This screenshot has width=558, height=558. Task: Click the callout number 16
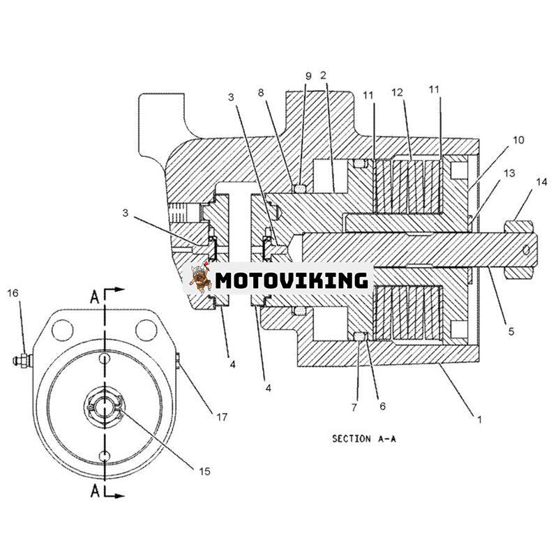(13, 293)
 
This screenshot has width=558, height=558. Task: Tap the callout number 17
(222, 416)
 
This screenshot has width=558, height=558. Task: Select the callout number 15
(204, 472)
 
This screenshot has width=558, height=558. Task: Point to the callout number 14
(542, 182)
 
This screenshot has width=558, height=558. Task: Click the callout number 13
(510, 173)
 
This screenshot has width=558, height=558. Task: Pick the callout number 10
(518, 140)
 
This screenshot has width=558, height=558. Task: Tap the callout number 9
(308, 76)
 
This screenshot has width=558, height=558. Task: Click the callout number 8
(261, 93)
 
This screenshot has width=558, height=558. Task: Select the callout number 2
(323, 75)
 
